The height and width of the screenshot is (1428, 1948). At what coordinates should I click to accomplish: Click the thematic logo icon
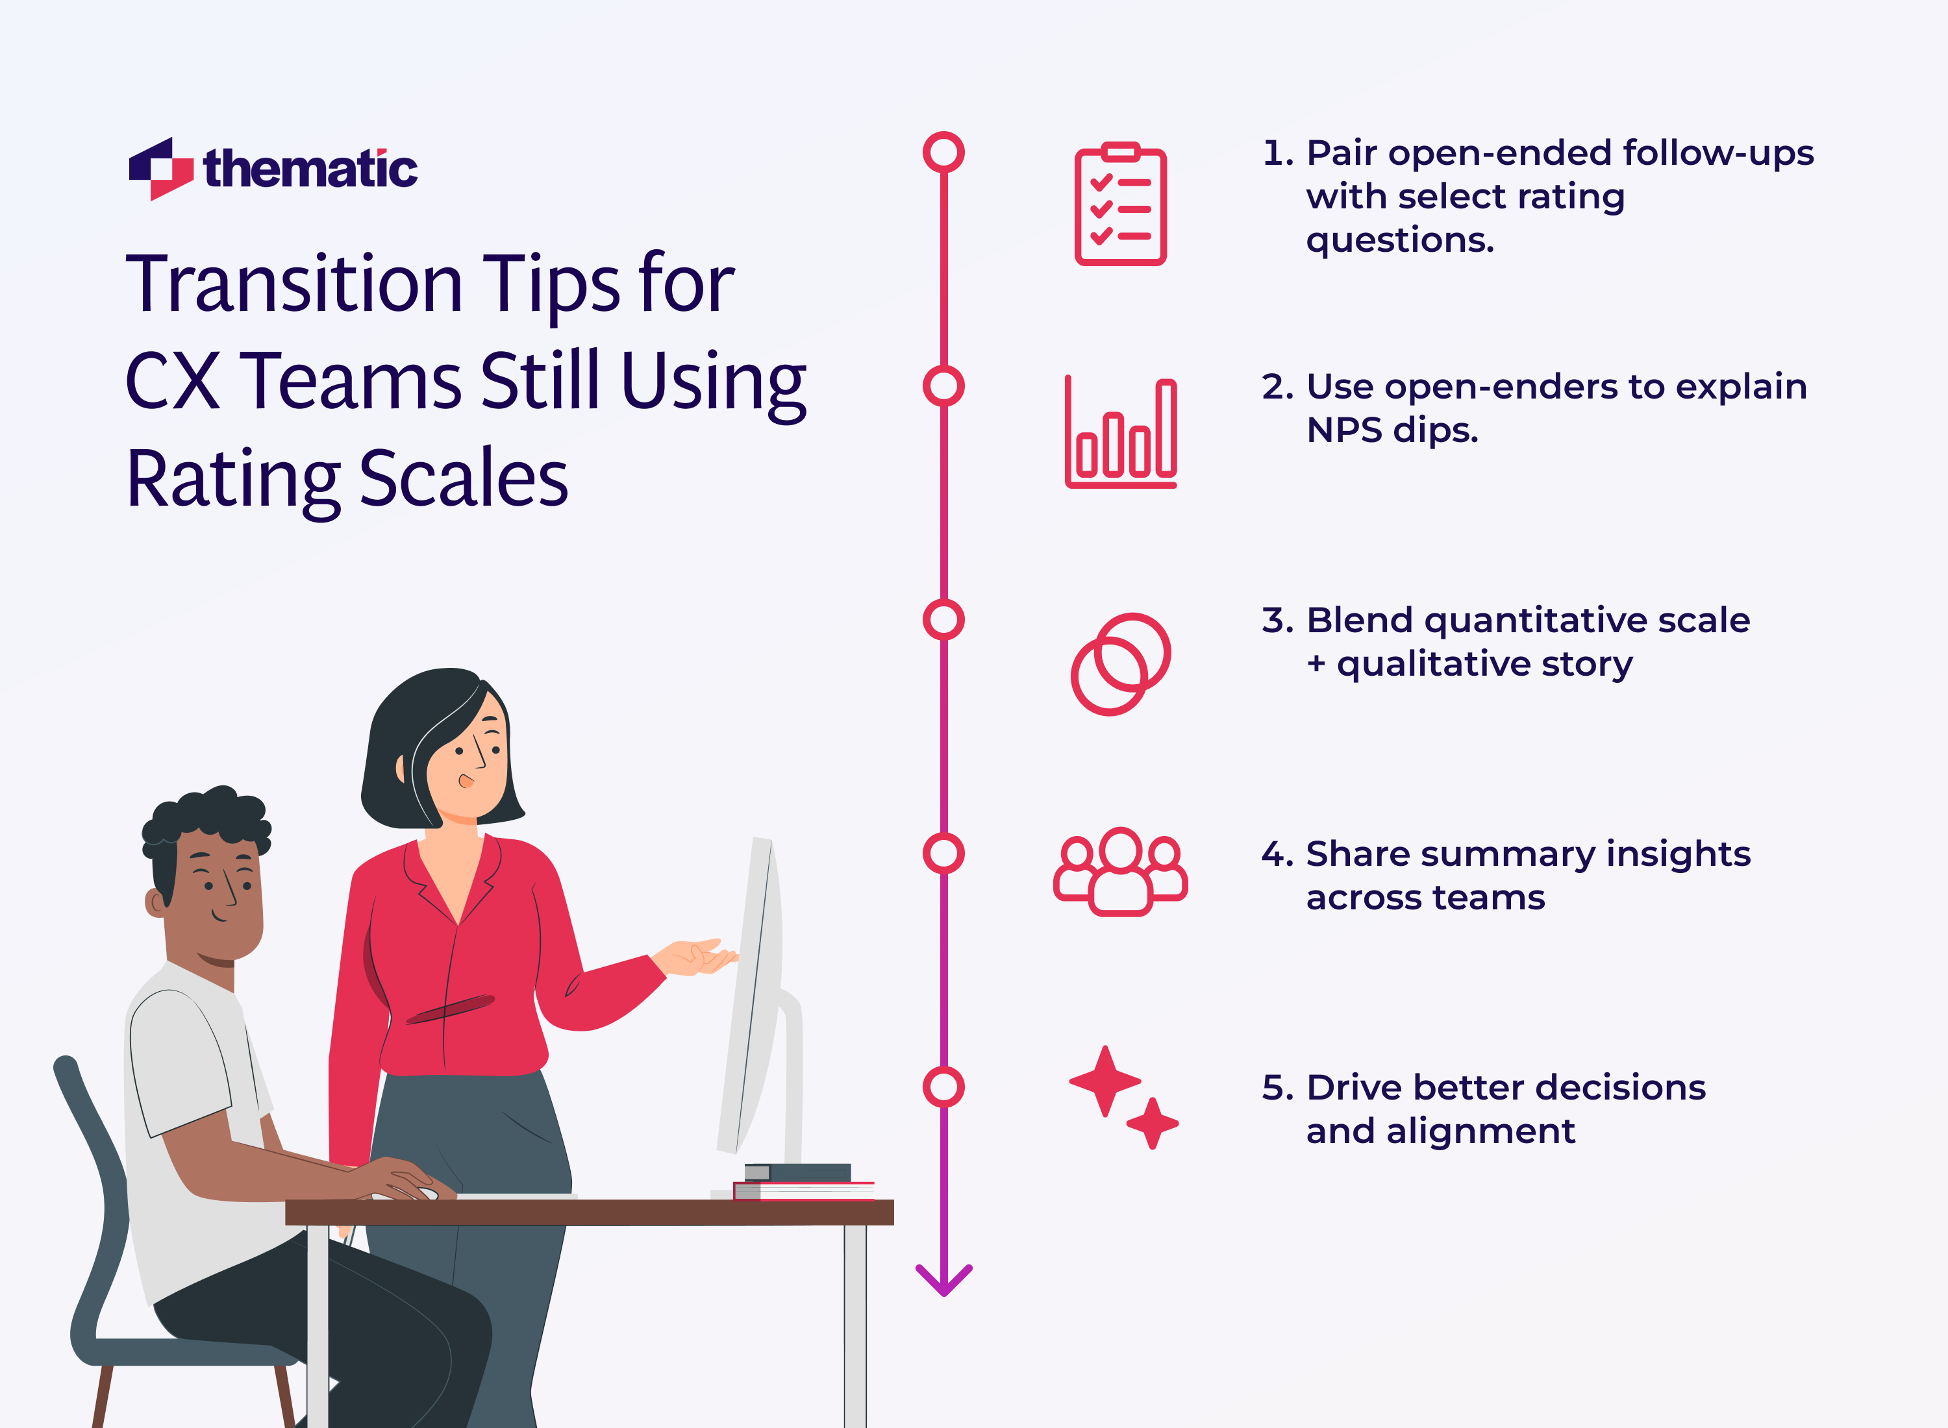161,169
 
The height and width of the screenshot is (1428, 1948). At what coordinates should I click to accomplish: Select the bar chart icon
1121,433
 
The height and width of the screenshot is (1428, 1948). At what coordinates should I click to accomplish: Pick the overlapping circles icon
1121,664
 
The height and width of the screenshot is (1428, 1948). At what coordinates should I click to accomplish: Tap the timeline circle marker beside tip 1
943,152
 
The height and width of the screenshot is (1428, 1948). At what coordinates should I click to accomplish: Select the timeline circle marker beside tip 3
943,620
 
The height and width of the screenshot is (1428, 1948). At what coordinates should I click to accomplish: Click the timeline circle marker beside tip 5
943,1087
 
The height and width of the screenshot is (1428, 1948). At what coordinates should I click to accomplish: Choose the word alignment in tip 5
1480,1131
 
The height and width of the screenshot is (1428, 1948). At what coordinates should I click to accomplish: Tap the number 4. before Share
1277,854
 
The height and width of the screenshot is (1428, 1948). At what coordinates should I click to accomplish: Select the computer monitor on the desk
751,994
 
